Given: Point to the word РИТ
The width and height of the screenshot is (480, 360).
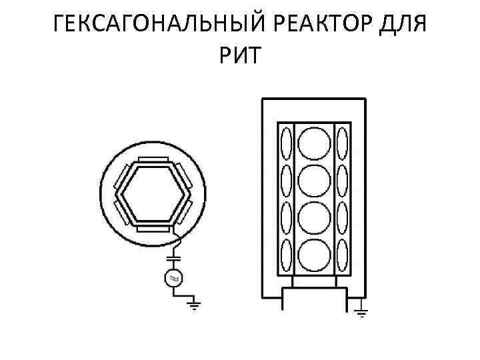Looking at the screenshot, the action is point(240,59).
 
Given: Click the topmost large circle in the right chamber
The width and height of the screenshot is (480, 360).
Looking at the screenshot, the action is point(314,143).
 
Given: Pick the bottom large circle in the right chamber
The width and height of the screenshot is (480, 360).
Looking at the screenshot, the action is point(314,256).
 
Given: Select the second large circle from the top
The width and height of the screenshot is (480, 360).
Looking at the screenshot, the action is point(314,181).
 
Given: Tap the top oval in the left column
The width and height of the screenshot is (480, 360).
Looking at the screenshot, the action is point(286,143).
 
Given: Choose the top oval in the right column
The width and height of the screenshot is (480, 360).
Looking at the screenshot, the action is point(342,143).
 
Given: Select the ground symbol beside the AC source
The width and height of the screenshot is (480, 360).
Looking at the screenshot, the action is point(194,306).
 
